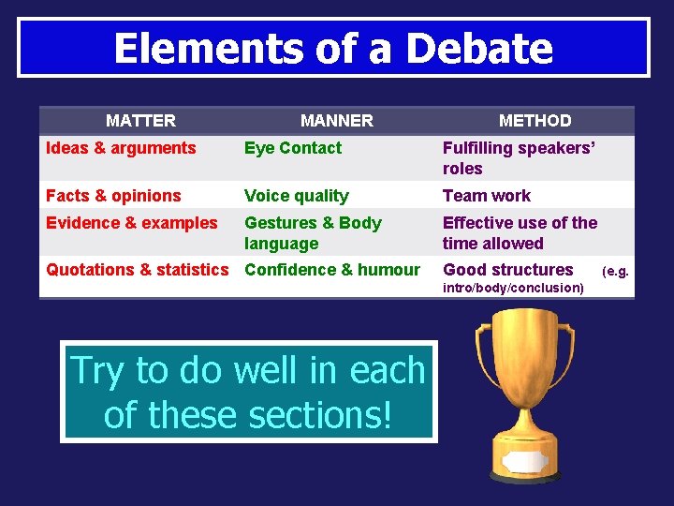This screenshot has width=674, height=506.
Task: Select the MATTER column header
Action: coord(140,120)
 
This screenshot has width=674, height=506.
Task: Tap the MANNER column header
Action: coord(336,120)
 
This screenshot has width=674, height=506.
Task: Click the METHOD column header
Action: coord(535,120)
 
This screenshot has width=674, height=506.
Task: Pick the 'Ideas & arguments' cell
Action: coord(121,148)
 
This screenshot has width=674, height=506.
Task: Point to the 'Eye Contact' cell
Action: coord(293,148)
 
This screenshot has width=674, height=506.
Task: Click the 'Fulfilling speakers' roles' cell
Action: coord(519,158)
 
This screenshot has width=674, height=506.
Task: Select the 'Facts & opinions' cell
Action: coord(113,196)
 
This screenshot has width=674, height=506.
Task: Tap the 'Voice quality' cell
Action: coord(296,196)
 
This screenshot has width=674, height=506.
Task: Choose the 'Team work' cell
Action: coord(486,196)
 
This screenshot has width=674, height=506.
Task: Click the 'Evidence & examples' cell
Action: coord(131,223)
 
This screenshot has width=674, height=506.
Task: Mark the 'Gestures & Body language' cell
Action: coord(313,233)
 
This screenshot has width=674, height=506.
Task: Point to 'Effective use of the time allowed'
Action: coord(520,233)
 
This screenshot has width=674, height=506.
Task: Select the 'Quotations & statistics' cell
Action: coord(137,270)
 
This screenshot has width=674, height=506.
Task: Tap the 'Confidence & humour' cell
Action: coord(331,270)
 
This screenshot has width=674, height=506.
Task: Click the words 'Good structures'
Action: coord(507,270)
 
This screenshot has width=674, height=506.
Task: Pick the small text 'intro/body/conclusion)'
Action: coord(513,288)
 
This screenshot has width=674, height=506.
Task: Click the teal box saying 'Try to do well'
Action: coord(248,392)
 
